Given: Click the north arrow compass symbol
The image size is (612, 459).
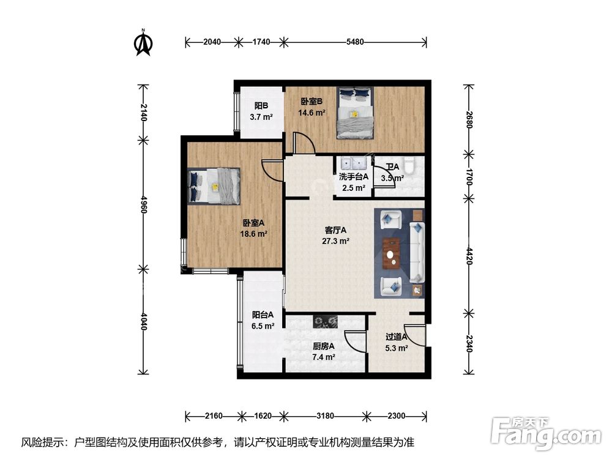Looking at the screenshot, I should coord(143,42).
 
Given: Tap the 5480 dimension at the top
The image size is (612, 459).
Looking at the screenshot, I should coord(355,42).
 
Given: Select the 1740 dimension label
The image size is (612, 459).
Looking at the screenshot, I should coord(261,42).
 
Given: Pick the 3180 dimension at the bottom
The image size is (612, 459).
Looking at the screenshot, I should coord(324,416).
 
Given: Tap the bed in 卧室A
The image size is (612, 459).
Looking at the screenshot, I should coord(215,185).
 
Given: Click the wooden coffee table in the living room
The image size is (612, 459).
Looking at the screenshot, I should coord(391,253).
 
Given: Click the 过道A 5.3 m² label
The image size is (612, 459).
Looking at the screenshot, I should coord(397,342).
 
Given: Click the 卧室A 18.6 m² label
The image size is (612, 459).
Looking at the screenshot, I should coord(253,228).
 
